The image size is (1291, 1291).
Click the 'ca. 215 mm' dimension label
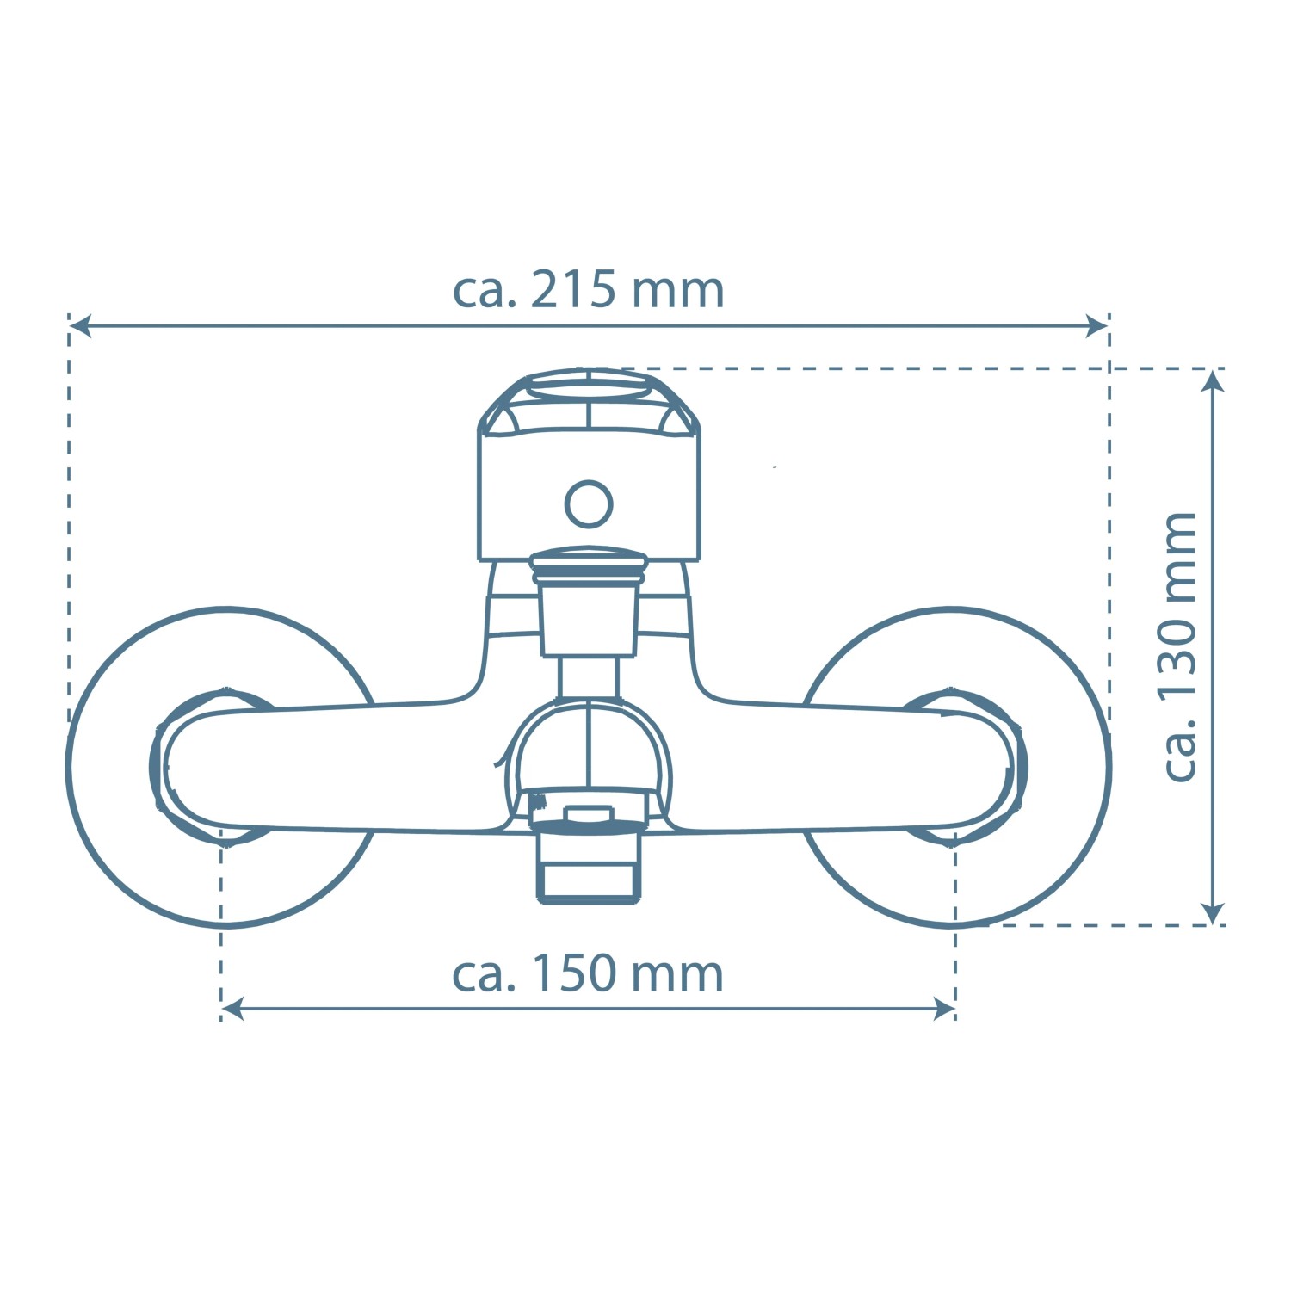(x=589, y=290)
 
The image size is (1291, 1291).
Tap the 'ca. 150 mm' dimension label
(x=589, y=974)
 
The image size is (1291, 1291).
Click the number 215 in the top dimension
(x=573, y=290)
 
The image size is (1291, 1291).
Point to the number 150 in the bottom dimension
(x=573, y=974)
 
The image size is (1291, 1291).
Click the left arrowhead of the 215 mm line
(x=80, y=326)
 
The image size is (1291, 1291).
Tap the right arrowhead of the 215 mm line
(x=1097, y=326)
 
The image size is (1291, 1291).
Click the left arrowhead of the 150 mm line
(x=232, y=1010)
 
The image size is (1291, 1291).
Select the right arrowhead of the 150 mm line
(x=944, y=1010)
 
